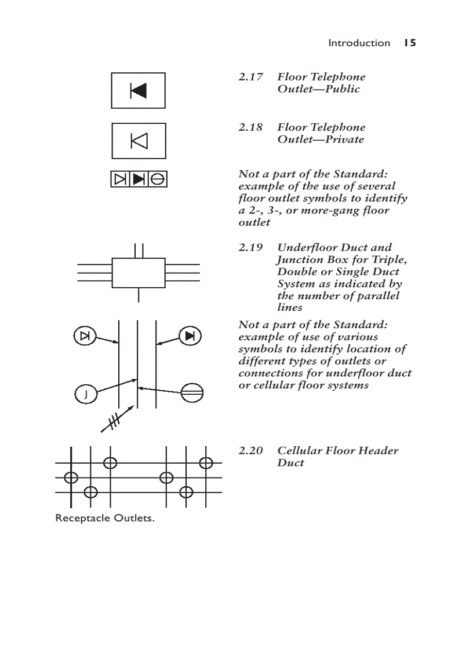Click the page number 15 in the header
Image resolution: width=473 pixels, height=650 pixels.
(x=410, y=43)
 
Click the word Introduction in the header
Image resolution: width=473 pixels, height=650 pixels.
(x=359, y=43)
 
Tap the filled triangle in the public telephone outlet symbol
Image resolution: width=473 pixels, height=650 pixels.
(x=139, y=90)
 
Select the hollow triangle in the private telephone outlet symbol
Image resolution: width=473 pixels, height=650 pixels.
(x=139, y=141)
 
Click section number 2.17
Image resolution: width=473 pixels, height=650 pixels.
(x=250, y=77)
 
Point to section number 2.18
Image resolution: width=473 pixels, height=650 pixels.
(x=250, y=127)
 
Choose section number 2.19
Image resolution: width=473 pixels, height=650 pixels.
(x=250, y=247)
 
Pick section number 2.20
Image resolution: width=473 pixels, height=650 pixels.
(x=250, y=450)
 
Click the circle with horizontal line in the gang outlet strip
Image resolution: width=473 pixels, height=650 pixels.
(x=158, y=179)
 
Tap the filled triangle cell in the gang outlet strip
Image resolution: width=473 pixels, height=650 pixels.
(x=139, y=179)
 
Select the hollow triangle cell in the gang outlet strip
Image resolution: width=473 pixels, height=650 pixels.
(x=120, y=179)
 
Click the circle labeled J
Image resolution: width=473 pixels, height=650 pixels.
(x=85, y=395)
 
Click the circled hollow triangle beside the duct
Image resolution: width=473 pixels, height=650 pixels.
(x=85, y=336)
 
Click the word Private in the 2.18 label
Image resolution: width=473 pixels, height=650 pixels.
(x=345, y=139)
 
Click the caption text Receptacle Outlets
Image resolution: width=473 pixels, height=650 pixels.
(x=105, y=518)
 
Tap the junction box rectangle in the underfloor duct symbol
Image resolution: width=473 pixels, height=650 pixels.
(x=139, y=272)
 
